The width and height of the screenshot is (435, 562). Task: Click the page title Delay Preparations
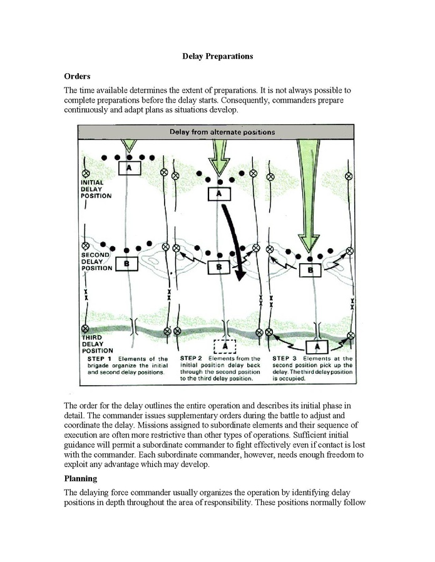coord(217,56)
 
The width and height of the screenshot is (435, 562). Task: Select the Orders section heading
coord(78,76)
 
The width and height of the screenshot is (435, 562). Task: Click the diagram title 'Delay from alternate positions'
coord(222,133)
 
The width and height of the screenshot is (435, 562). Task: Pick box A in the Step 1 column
coord(129,169)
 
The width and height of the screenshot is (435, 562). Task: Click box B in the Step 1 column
coord(127,264)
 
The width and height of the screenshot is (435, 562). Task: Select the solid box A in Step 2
coord(219,194)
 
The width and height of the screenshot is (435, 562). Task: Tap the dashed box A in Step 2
coord(225,345)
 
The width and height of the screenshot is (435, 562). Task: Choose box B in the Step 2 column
coord(218,268)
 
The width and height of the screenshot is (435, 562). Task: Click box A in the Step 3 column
coord(317,345)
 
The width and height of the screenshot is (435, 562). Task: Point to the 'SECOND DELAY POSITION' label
coord(96,261)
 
